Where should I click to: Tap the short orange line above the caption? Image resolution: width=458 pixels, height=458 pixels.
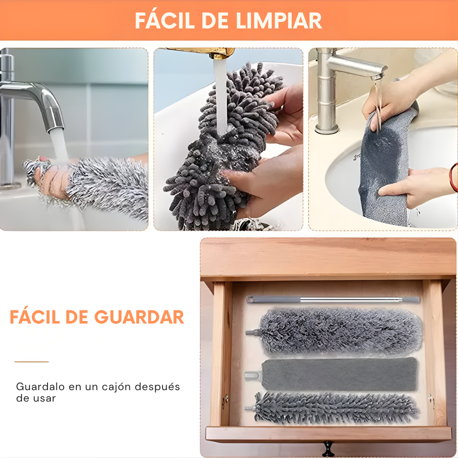32,362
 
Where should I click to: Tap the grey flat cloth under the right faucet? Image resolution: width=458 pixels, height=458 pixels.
384,170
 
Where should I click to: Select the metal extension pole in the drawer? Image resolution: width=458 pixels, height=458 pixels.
333,300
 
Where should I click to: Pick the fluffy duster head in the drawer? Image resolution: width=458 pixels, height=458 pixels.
339,331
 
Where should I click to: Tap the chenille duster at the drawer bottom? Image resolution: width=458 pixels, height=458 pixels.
335,408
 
